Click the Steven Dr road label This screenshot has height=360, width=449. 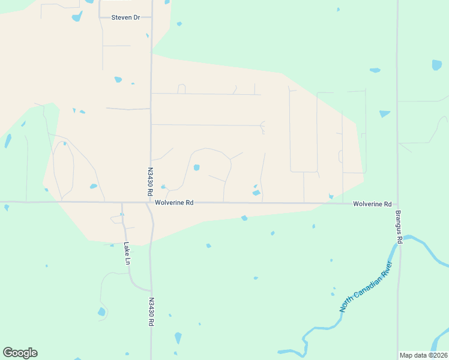125,17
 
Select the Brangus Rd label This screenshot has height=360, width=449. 398,226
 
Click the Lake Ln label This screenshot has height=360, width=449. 127,253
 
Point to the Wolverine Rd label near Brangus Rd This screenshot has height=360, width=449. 372,204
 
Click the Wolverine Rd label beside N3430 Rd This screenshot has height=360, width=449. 173,203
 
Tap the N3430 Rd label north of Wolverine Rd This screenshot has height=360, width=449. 150,182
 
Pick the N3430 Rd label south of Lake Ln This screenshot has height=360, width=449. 151,311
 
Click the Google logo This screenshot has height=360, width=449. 20,353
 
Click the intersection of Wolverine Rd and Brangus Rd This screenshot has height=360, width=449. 397,203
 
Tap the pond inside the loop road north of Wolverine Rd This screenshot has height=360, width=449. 196,167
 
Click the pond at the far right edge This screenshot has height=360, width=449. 436,65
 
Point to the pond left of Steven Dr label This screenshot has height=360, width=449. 77,16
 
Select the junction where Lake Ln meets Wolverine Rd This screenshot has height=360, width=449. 122,203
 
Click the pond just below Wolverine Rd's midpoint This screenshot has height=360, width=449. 244,218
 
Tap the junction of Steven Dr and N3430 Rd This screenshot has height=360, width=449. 151,17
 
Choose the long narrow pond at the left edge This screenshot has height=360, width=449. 8,140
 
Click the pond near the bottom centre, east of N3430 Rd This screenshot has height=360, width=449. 178,338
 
